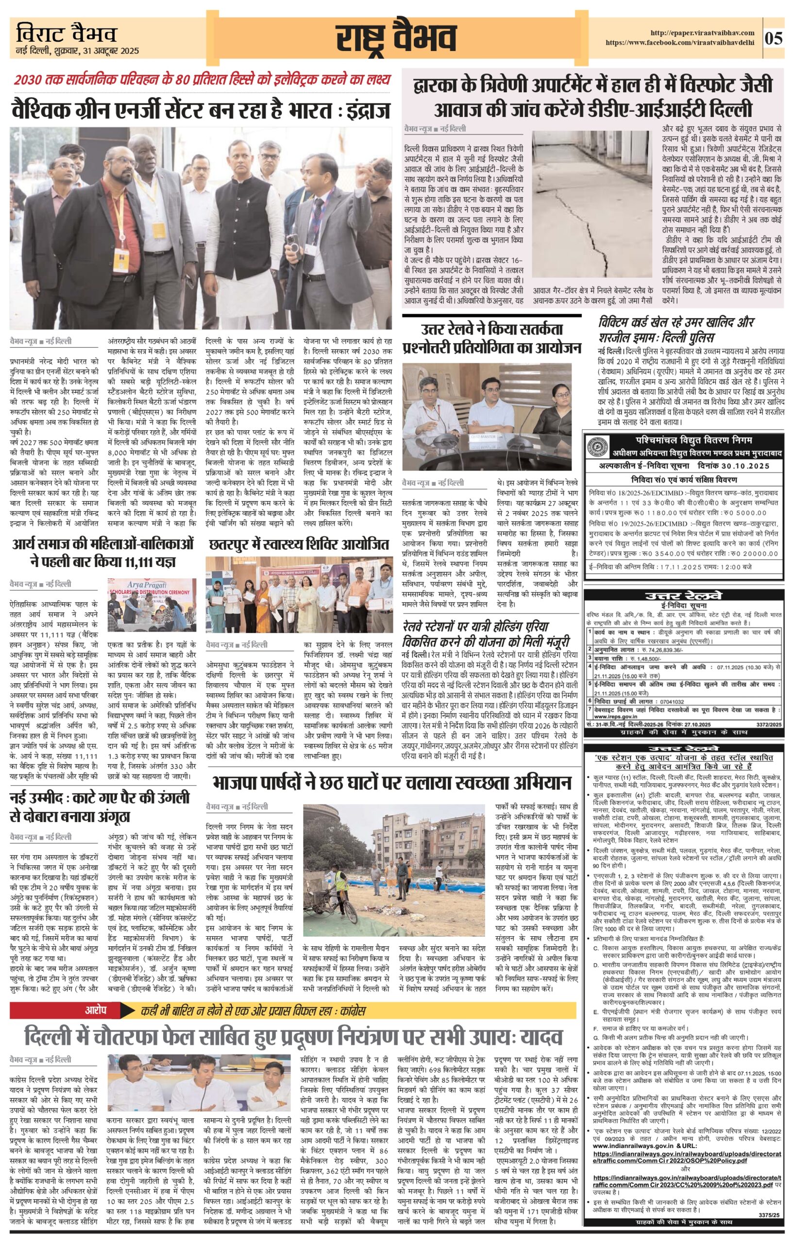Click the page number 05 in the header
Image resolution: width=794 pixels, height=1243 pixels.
775,39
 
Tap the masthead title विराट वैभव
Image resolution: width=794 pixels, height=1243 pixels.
66,34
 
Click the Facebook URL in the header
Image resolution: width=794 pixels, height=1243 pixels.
680,43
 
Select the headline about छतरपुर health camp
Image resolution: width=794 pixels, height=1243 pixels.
299,545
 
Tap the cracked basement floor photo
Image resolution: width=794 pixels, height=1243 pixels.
592,204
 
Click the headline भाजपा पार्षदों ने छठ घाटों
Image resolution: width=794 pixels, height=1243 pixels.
392,783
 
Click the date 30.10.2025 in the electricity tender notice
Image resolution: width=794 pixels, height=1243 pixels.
743,465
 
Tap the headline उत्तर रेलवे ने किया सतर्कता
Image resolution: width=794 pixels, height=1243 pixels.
491,338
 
